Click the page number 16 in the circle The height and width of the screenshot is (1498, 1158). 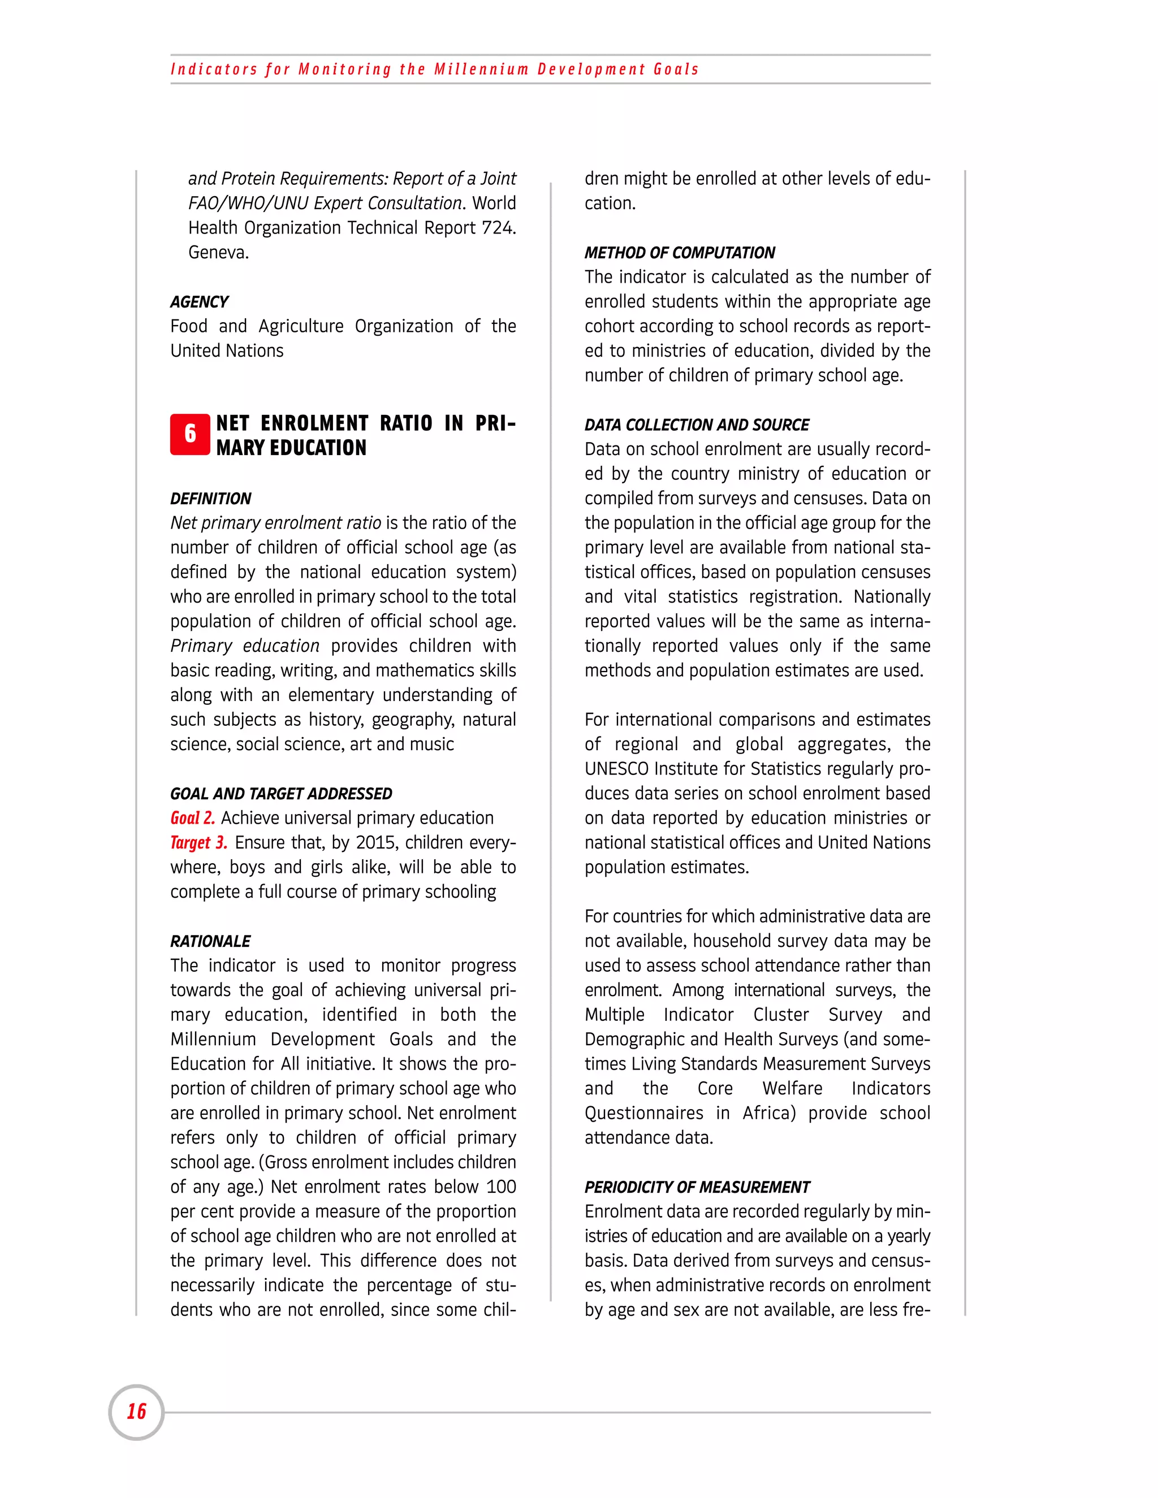pos(136,1412)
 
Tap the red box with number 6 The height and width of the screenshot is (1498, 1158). pos(190,434)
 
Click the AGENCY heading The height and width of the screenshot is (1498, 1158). pos(199,302)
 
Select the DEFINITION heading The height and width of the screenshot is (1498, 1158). pos(210,499)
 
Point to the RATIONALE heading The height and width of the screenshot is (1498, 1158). pos(210,941)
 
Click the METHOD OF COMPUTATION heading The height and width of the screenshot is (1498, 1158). pos(679,253)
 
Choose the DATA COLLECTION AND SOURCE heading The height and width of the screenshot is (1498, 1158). pos(696,425)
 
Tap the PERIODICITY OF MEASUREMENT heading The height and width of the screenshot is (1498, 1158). pos(697,1187)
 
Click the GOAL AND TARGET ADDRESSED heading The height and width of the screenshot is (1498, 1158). pos(281,794)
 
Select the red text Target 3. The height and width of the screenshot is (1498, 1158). pos(199,842)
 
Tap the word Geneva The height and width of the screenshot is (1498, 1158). pos(218,253)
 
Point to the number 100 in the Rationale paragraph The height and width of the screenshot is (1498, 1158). pos(501,1187)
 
